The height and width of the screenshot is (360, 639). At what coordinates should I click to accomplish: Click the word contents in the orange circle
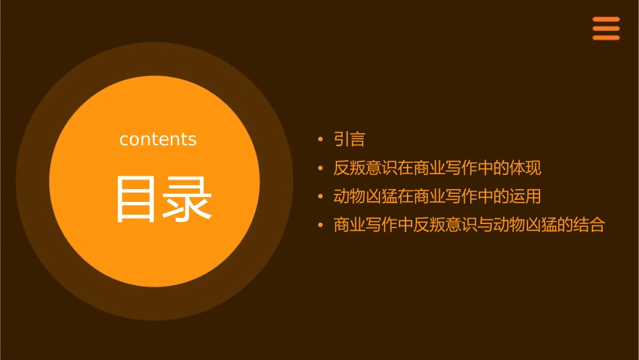[158, 139]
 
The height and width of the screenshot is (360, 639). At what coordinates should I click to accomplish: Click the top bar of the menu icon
[605, 20]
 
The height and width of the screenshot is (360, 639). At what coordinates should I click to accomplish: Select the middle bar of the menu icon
[605, 28]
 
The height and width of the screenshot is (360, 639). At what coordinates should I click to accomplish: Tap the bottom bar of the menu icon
[605, 38]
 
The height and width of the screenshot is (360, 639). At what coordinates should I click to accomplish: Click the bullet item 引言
[349, 139]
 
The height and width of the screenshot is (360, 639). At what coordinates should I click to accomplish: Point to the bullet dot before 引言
[320, 140]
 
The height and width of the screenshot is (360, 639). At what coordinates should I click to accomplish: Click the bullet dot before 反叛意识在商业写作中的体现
[320, 168]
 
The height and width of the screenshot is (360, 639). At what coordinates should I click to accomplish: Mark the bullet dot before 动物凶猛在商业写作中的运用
[320, 197]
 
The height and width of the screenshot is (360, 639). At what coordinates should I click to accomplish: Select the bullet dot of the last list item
[320, 225]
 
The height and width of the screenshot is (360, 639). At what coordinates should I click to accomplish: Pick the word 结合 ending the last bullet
[589, 225]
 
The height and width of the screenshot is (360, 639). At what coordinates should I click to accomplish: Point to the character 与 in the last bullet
[484, 225]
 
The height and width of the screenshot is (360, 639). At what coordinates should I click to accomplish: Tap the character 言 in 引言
[357, 139]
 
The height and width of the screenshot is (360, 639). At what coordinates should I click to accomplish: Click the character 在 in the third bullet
[405, 196]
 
